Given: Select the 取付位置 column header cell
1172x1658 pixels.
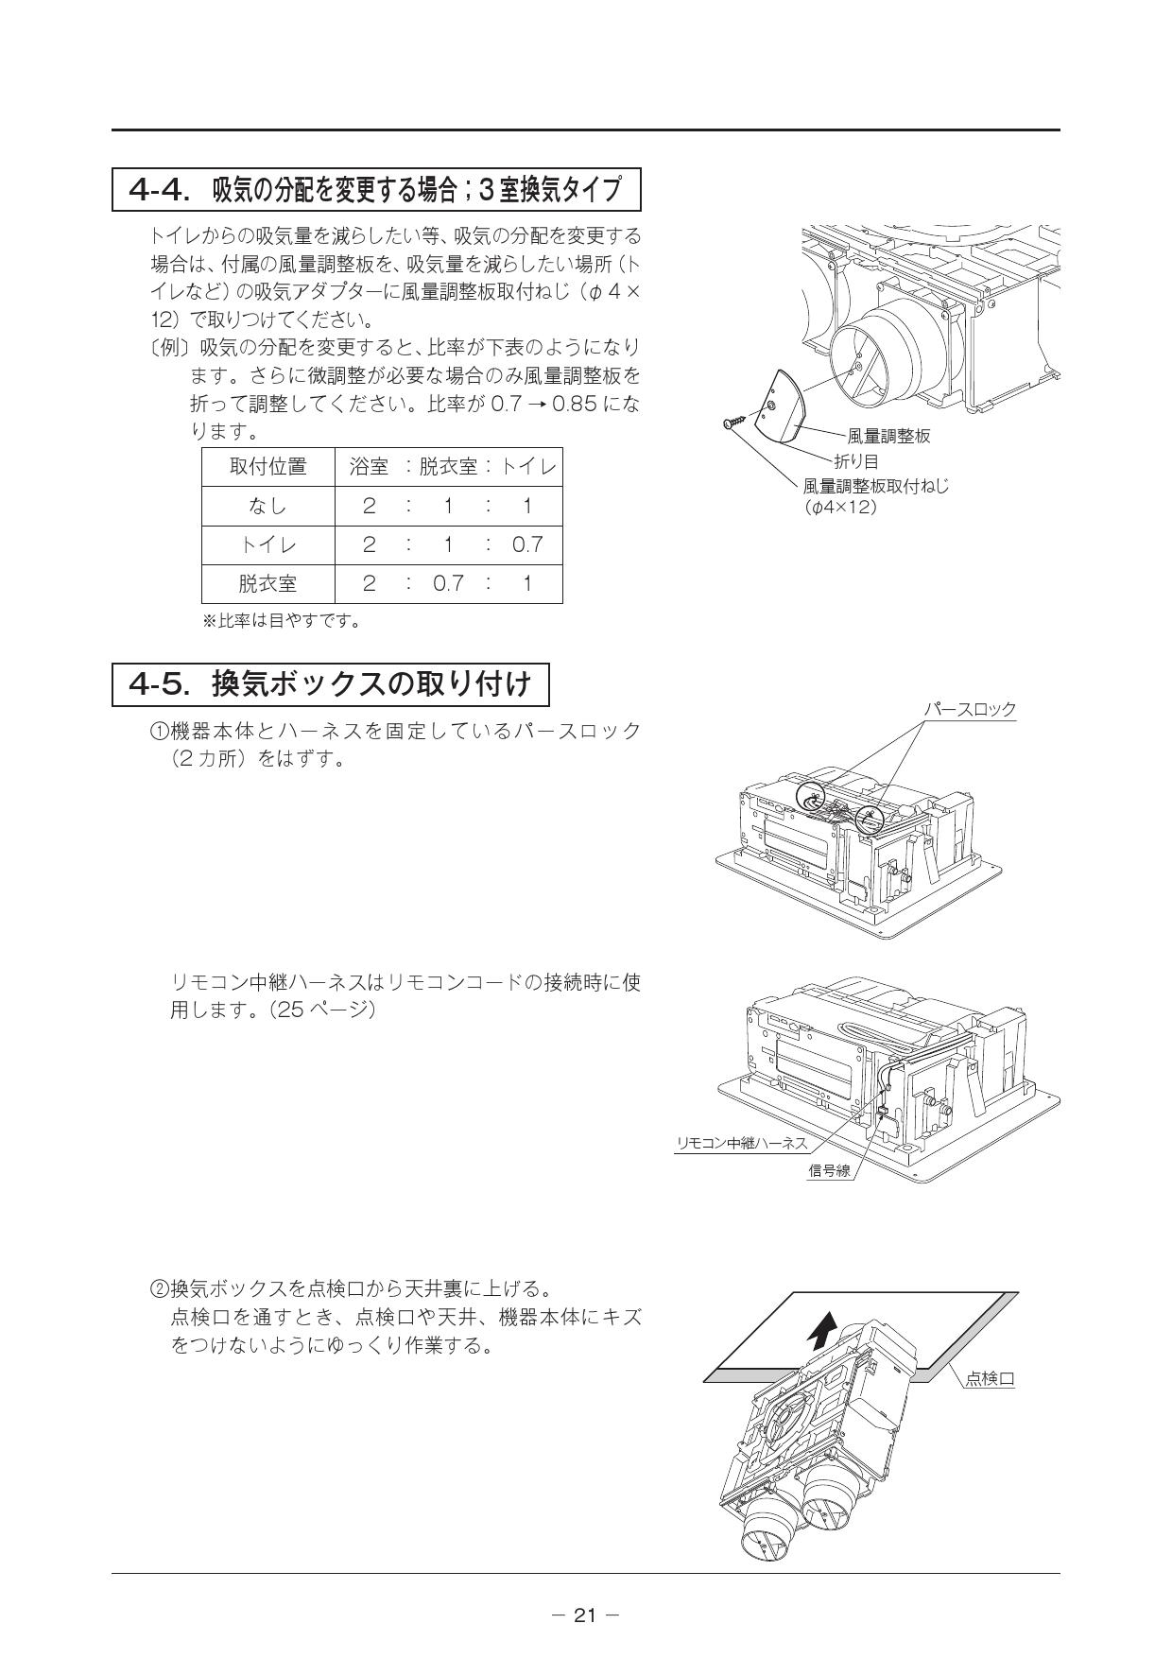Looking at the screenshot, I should tap(268, 467).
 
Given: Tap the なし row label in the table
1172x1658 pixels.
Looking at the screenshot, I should tap(268, 506).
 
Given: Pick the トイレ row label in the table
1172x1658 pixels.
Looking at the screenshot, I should tap(268, 544).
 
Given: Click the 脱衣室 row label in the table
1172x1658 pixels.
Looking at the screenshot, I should tap(268, 583).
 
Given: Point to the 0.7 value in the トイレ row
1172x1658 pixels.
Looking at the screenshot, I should tap(527, 544).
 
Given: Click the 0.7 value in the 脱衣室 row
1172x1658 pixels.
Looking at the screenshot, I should tap(448, 583).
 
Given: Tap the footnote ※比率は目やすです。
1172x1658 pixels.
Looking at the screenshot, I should tap(283, 621).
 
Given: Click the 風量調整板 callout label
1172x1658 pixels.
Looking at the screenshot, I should tap(888, 436).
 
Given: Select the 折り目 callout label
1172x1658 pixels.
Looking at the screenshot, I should tap(856, 461).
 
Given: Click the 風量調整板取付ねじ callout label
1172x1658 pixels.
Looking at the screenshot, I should tap(876, 486).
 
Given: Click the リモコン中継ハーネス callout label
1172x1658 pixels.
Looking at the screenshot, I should tap(742, 1143).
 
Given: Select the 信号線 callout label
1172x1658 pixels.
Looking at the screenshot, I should tap(829, 1170).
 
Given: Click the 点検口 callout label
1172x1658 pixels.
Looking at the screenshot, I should tap(990, 1379).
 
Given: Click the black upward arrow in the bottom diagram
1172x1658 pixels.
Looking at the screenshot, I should tap(821, 1330).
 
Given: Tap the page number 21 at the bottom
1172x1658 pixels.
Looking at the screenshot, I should tap(586, 1615).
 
